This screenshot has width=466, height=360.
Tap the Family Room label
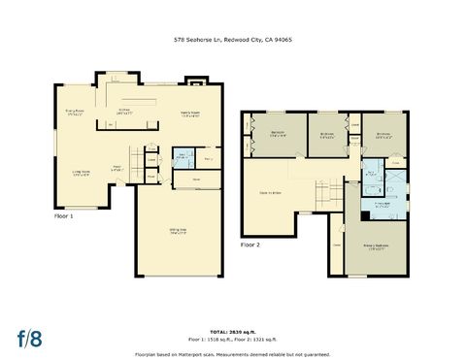coord(186,115)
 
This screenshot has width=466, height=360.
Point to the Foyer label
coord(116,168)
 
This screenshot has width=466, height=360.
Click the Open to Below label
coord(271,193)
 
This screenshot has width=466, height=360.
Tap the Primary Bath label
coord(382,205)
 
